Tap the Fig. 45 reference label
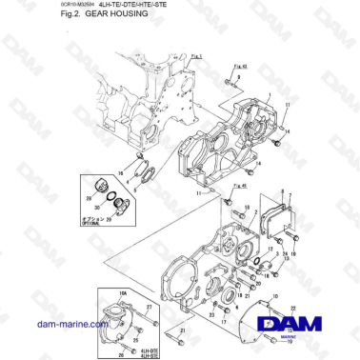tap(237, 187)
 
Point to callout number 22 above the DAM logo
tap(294, 297)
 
